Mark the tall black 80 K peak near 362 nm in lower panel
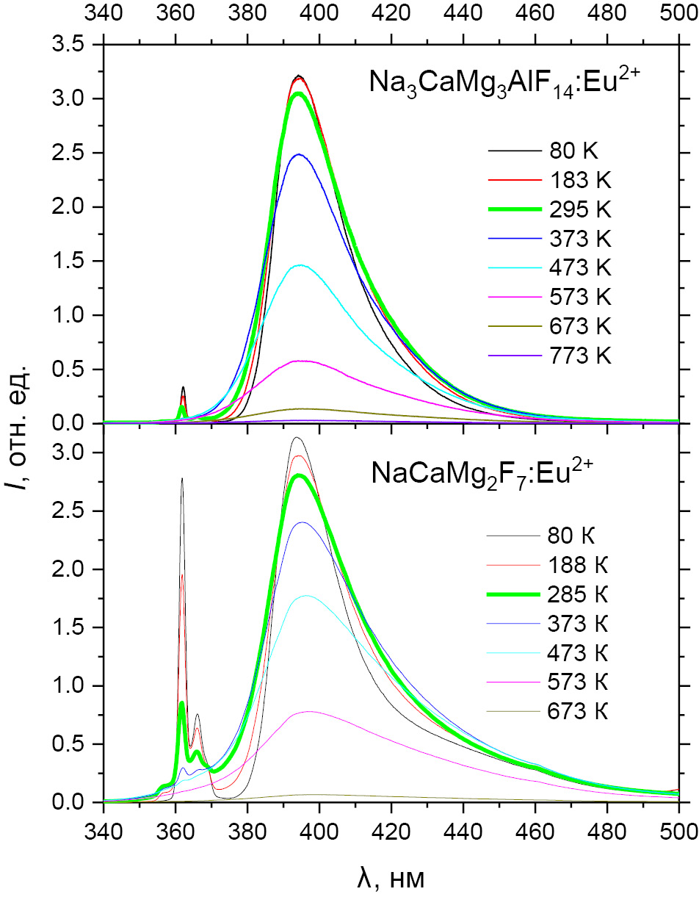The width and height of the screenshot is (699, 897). point(182,480)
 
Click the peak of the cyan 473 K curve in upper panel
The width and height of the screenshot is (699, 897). point(300,265)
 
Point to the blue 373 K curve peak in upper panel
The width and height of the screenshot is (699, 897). point(299,154)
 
